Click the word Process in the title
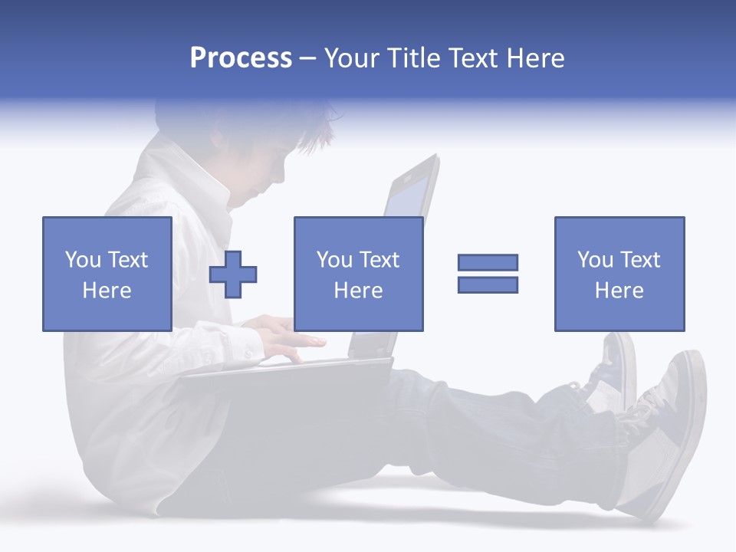[x=241, y=58]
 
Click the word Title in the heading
[x=413, y=58]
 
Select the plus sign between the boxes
[x=233, y=274]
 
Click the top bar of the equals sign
[x=488, y=262]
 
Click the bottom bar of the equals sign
[x=488, y=284]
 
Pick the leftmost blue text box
[x=107, y=274]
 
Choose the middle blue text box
[x=358, y=274]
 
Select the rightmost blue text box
[x=619, y=274]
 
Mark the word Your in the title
[x=352, y=58]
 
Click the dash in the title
[x=307, y=58]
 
